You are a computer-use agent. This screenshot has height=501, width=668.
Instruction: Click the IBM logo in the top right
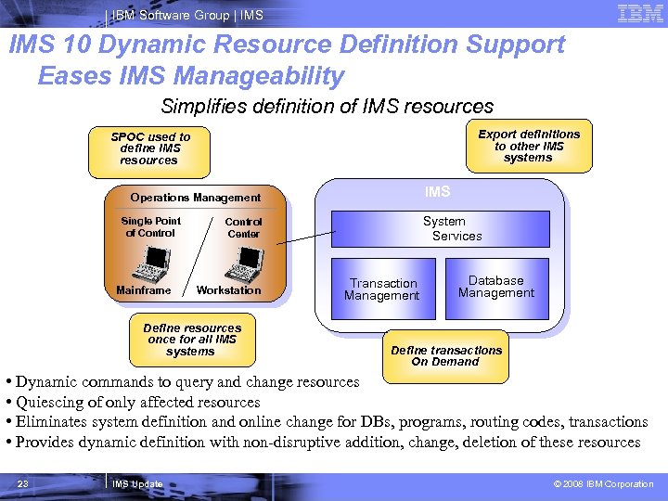tap(639, 14)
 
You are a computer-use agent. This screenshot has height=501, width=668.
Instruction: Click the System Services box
tap(444, 228)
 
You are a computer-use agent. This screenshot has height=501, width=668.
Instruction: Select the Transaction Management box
tap(382, 289)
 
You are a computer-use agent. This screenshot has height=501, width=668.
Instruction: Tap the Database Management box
tap(496, 287)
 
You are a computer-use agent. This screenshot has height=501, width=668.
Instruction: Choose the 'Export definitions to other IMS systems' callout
tap(529, 146)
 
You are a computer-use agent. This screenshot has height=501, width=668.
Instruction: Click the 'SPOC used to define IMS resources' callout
tap(149, 148)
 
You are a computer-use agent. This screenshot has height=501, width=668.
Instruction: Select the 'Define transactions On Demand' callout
tap(447, 355)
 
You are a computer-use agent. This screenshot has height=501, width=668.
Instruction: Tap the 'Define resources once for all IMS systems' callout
tap(191, 340)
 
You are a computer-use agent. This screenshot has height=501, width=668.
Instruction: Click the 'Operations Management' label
tap(196, 198)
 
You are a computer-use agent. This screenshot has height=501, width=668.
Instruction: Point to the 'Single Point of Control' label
tap(151, 227)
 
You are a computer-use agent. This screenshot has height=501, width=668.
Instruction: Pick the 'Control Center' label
tap(243, 228)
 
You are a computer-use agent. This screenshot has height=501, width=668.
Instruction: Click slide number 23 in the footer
tap(23, 484)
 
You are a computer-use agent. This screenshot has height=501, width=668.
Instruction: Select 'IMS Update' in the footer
tap(137, 484)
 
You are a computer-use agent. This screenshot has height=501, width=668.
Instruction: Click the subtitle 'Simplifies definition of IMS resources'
tap(328, 106)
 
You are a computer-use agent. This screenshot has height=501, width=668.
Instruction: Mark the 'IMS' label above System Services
tap(437, 192)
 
